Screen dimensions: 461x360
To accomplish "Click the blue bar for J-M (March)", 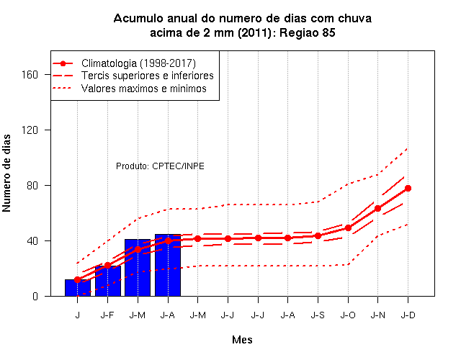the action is click(138, 267).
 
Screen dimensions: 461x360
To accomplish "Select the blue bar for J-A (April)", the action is click(168, 265).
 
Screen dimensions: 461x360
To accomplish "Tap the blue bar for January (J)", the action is click(78, 288).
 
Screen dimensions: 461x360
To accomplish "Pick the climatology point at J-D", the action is click(408, 189).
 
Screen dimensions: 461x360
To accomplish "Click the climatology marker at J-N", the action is click(377, 208).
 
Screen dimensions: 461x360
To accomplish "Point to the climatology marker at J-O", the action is click(348, 228).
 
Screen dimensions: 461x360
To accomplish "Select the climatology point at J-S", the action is click(318, 235).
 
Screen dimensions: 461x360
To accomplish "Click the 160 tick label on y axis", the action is click(30, 75).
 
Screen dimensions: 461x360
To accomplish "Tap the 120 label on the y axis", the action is click(30, 130).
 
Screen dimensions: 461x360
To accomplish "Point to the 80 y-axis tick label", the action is click(32, 186).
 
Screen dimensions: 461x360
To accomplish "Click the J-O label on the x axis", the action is click(348, 315).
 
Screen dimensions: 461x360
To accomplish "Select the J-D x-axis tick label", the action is click(408, 315).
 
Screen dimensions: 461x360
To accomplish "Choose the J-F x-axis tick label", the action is click(107, 315).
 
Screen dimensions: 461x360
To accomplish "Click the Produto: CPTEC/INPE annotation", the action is click(160, 166).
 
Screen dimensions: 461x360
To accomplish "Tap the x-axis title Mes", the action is click(242, 340).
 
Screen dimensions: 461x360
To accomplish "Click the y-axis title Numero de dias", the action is click(6, 173).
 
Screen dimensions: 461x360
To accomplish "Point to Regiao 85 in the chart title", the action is click(308, 32).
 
